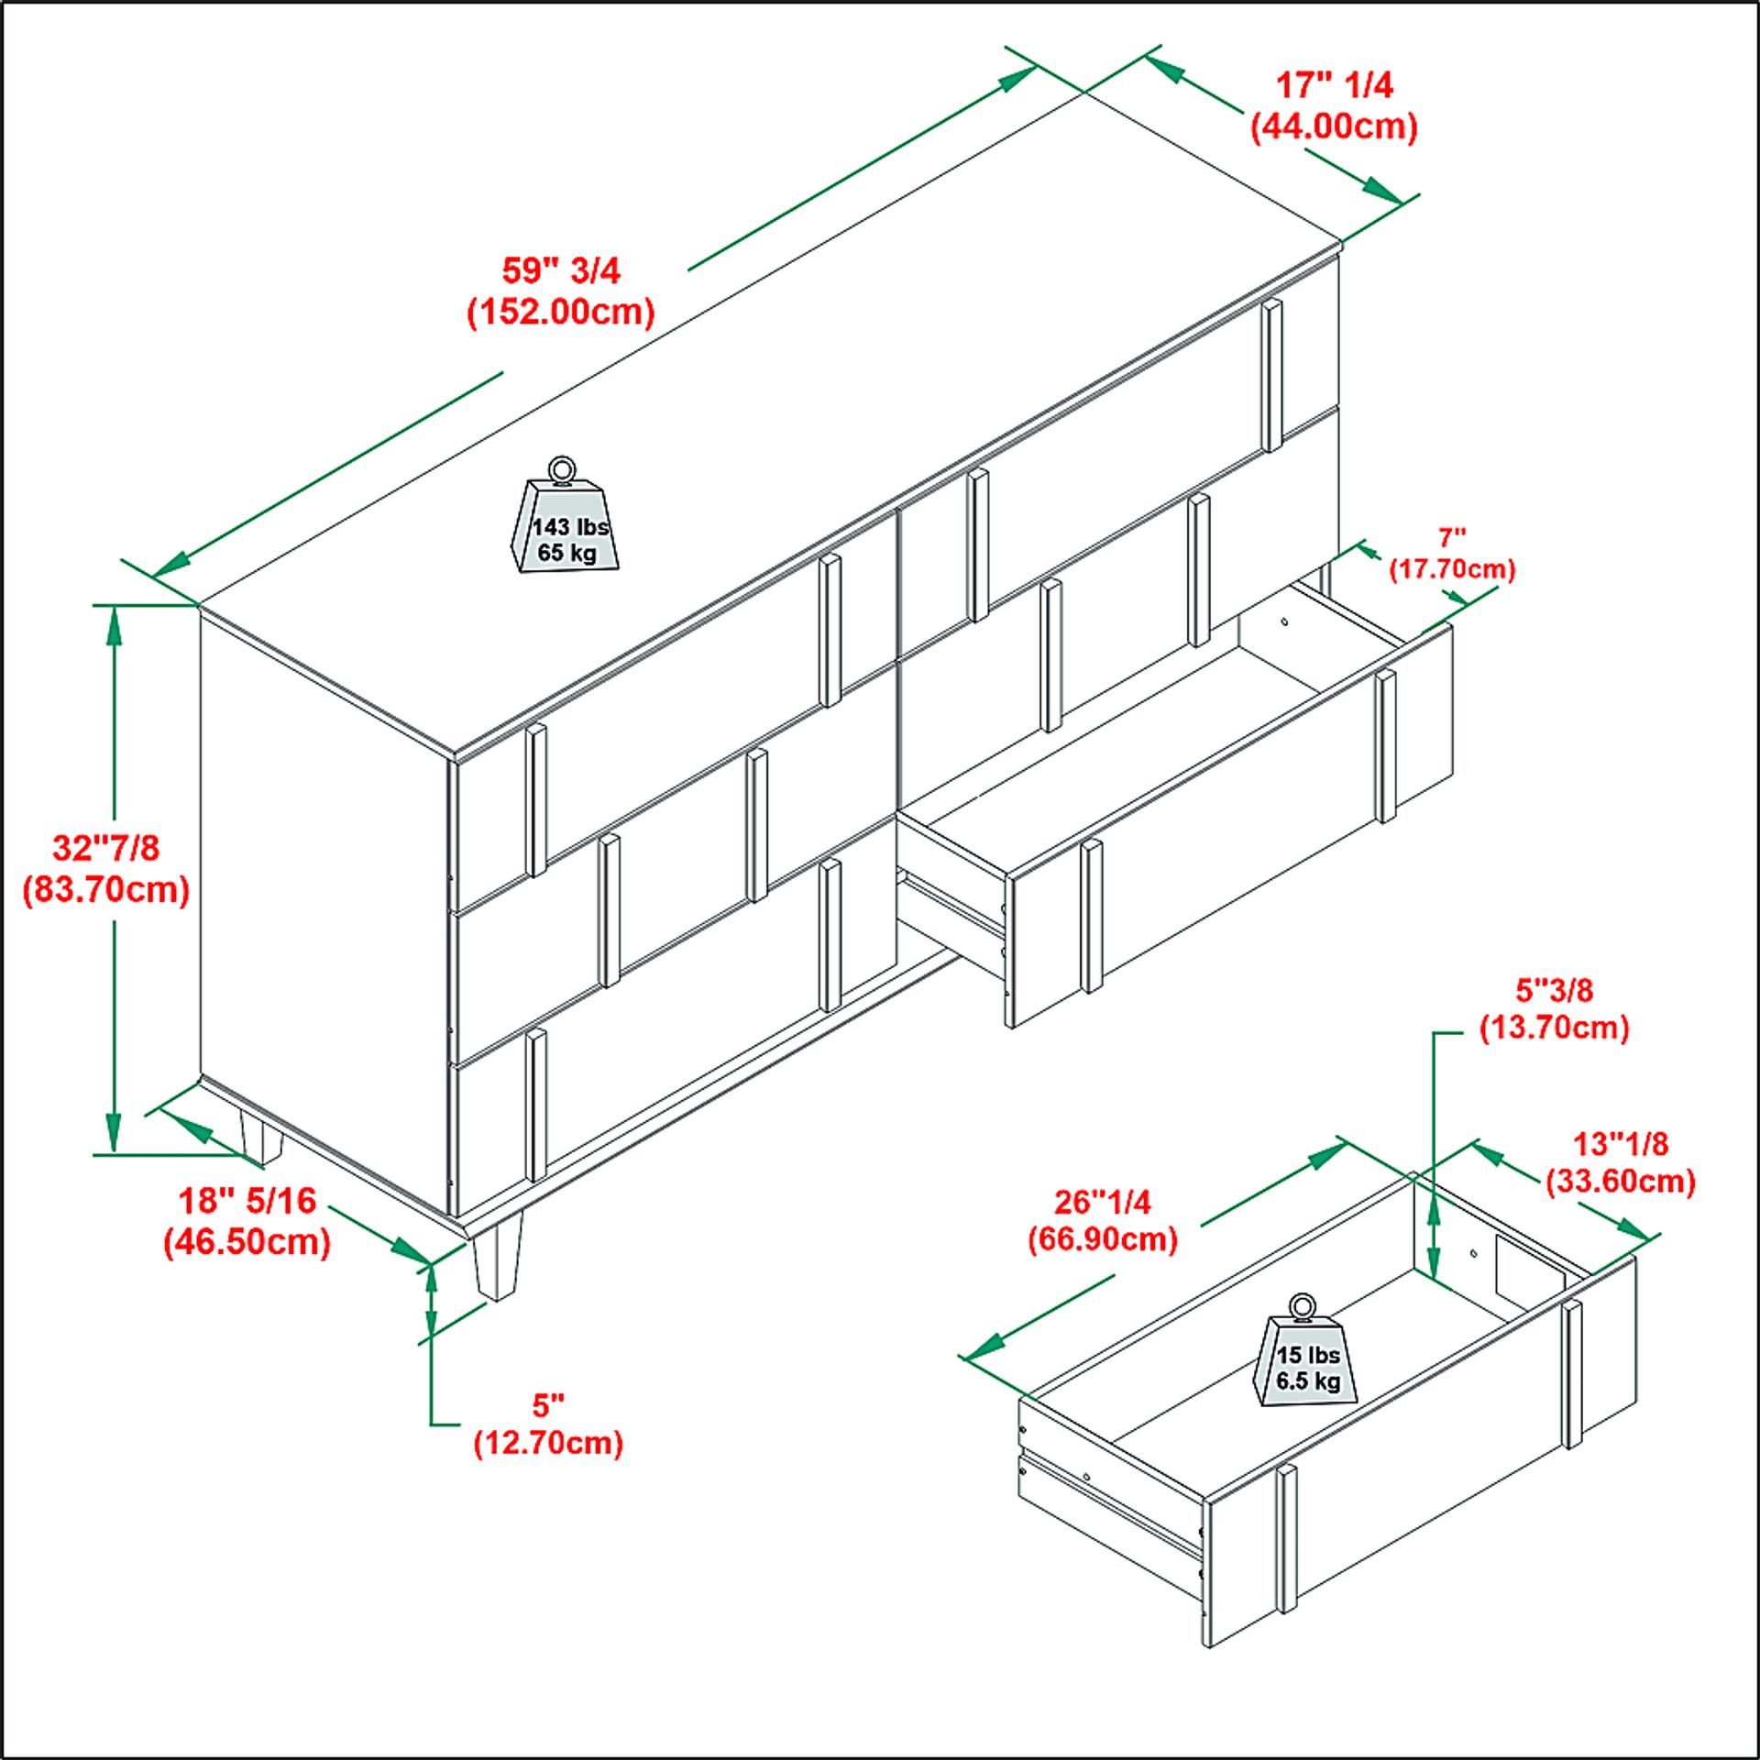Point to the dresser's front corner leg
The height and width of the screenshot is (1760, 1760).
click(x=498, y=1259)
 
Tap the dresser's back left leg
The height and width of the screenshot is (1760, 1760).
click(x=260, y=1138)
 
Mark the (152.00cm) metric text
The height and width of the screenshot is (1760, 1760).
click(x=561, y=312)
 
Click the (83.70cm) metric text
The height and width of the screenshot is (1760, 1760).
click(x=106, y=889)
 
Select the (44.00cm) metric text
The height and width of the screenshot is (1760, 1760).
click(x=1335, y=126)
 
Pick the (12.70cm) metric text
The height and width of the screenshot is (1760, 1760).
click(x=548, y=1442)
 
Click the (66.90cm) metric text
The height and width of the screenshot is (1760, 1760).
click(x=1103, y=1238)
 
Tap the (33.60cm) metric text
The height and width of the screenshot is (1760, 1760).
click(x=1621, y=1181)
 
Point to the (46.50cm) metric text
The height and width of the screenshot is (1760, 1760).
click(x=247, y=1242)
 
